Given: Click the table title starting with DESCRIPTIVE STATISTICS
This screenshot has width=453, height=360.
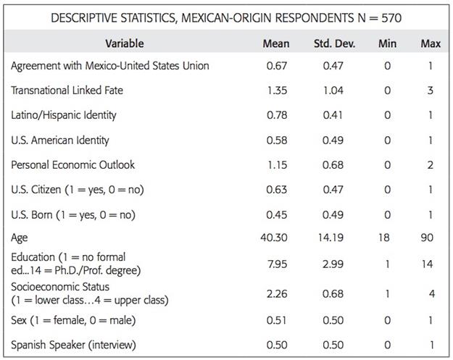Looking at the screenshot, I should point(225,17).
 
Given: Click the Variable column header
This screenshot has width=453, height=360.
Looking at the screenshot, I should point(124,43).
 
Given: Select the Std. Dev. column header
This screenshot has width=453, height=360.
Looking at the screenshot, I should point(333,43).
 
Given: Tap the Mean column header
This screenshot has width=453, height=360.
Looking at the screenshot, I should point(275,43).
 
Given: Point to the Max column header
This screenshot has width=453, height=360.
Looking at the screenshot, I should point(430,43).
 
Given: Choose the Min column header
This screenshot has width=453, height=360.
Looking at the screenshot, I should point(387,43).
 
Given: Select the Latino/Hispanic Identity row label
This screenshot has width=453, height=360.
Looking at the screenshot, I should point(64,115).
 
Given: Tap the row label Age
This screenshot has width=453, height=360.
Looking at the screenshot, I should point(20,238).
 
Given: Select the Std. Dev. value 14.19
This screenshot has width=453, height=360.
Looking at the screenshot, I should point(333,238).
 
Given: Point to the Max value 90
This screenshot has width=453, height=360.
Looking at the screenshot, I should point(430,238).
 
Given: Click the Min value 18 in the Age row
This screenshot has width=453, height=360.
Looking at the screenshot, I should point(387,238).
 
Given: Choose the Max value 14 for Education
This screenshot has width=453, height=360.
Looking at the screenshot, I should point(430,264).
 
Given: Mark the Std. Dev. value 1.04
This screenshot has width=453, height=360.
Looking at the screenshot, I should point(333,91).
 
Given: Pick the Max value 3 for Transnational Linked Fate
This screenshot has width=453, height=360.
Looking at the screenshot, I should point(430,91).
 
